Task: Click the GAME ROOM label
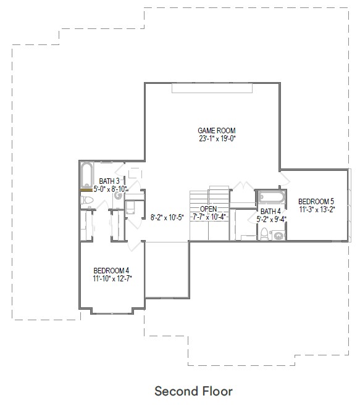coord(217,130)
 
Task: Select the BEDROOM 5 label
coord(316,201)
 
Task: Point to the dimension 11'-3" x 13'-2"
coord(316,209)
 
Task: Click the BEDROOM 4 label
coord(111,270)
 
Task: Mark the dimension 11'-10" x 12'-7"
coord(111,278)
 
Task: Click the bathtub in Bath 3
coord(86,176)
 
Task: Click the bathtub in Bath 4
coord(271,197)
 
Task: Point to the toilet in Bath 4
coord(264,233)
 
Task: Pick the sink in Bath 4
coord(278,234)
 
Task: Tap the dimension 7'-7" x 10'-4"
coord(209,217)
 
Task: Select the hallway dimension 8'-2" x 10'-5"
coord(166,217)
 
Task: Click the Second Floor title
coord(193,391)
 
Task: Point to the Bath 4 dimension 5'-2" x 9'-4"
coord(270,218)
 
